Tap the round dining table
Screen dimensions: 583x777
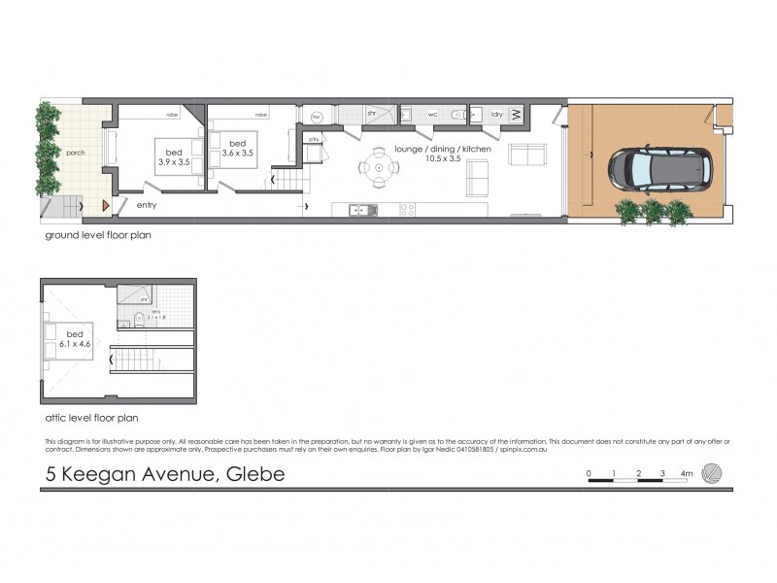(379, 167)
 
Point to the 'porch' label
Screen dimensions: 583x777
(77, 154)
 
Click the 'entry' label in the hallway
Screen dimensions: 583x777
(147, 205)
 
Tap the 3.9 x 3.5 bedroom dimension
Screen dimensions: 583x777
(175, 162)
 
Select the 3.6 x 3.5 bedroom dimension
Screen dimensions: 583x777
(237, 153)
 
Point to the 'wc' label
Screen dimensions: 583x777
(433, 114)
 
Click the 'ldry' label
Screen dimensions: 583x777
(496, 114)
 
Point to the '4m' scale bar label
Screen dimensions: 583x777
(687, 473)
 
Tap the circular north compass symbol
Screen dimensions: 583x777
(713, 473)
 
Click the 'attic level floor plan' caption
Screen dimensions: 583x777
(91, 418)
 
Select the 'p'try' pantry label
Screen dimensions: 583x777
(314, 139)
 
